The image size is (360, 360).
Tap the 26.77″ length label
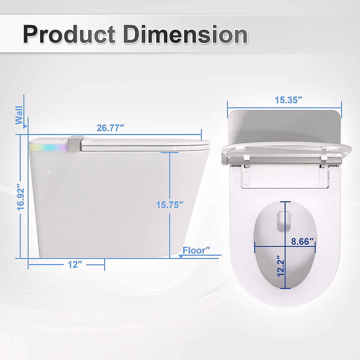(x=110, y=128)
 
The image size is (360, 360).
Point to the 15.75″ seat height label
(x=169, y=205)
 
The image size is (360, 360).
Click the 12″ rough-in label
(x=75, y=265)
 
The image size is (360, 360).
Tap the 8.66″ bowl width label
(x=302, y=241)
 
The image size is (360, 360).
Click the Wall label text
(x=19, y=115)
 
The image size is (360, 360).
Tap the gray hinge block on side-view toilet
(x=74, y=144)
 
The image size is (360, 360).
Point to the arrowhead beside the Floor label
(x=181, y=256)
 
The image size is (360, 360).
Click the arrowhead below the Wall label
(x=26, y=127)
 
